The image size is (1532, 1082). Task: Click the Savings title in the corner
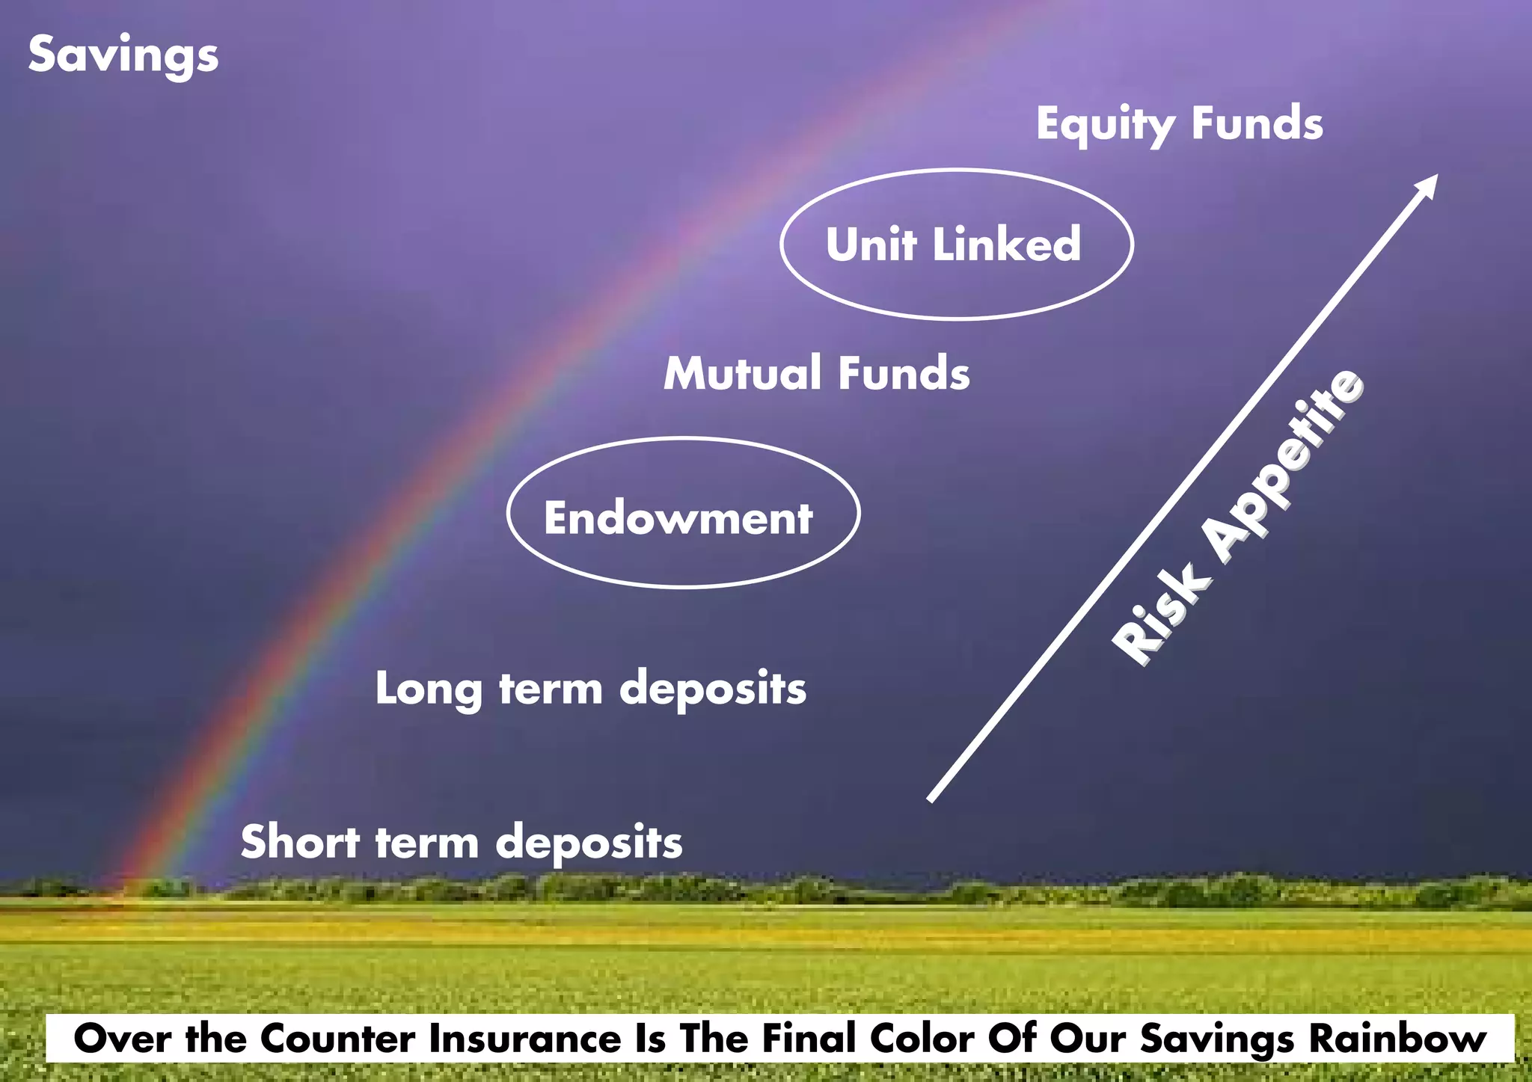click(x=123, y=55)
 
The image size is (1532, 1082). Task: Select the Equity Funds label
click(x=1179, y=124)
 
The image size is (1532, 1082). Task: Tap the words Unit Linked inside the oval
click(x=953, y=245)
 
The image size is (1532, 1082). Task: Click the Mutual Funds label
click(x=816, y=373)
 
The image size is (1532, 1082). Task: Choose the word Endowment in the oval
click(x=678, y=517)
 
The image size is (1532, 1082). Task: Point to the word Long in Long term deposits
click(x=428, y=689)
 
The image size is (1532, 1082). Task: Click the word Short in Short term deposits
click(x=300, y=842)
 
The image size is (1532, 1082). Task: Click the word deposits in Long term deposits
click(x=713, y=689)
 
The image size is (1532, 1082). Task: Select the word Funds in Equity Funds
click(x=1257, y=124)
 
